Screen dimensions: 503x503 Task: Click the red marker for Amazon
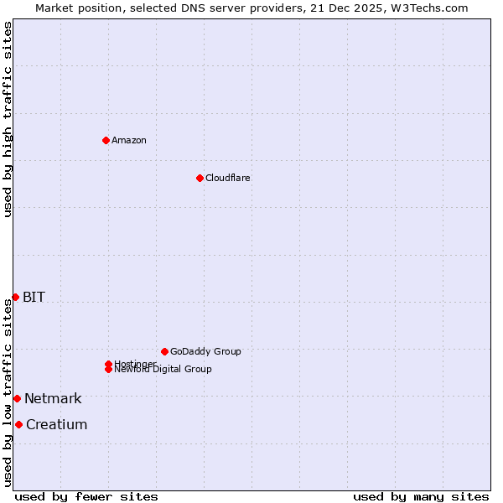[x=106, y=140]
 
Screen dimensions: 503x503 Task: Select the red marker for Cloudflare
[x=200, y=178]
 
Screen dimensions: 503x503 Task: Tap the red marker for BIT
[x=15, y=297]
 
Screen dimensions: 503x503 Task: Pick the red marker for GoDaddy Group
[x=164, y=351]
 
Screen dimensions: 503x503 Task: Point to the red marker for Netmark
[x=17, y=398]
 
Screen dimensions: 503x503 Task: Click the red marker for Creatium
[x=18, y=424]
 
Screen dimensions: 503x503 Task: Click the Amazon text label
[x=129, y=140]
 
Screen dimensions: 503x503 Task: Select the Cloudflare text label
[x=228, y=178]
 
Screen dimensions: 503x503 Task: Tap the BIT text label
[x=34, y=297]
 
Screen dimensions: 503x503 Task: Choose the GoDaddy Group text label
[x=205, y=351]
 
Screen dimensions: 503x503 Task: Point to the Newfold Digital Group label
[x=163, y=369]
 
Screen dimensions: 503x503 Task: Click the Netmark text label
[x=53, y=398]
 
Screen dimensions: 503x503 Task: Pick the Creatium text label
[x=56, y=424]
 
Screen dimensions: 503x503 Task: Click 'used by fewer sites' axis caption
[x=86, y=496]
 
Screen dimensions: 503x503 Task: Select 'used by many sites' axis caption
[x=421, y=496]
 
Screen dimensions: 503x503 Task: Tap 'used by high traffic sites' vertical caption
[x=8, y=119]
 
